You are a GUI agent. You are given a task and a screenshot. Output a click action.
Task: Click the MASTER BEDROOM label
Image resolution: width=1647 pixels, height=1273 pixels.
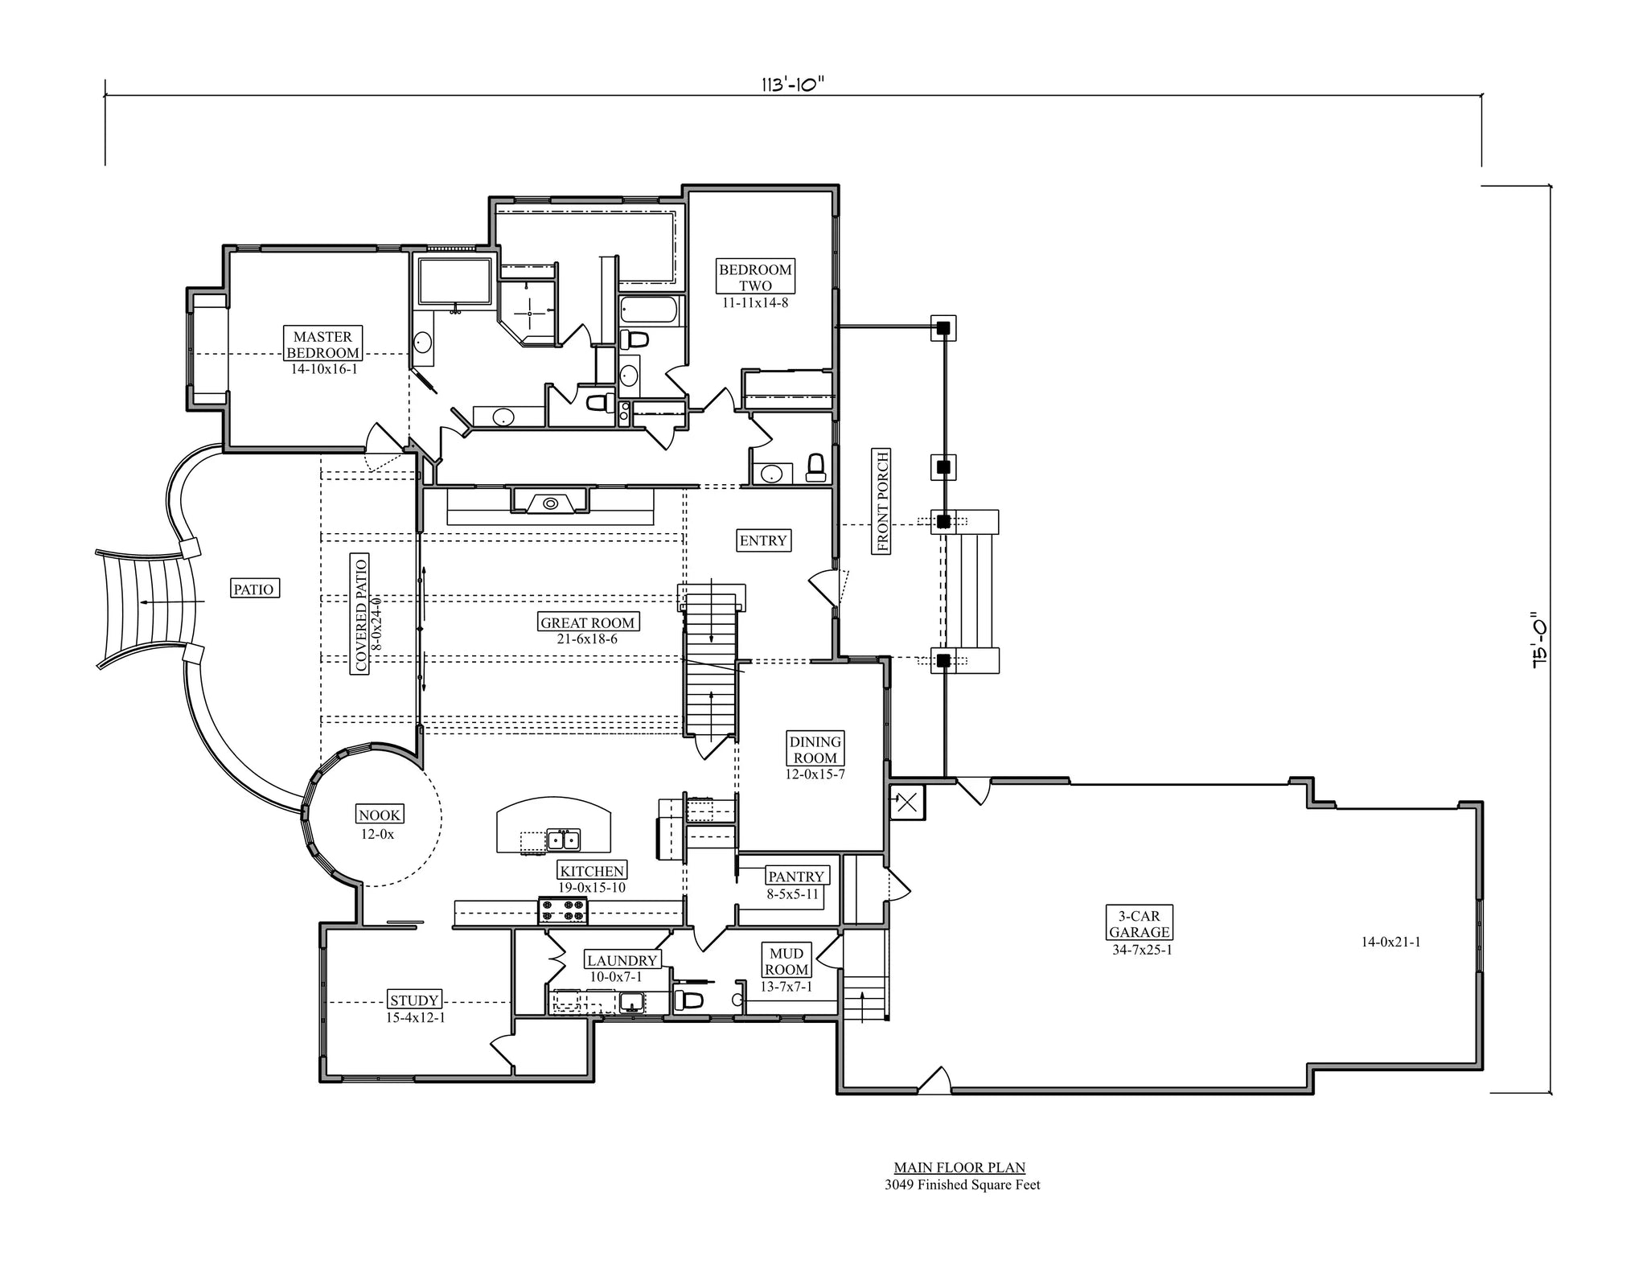coord(323,345)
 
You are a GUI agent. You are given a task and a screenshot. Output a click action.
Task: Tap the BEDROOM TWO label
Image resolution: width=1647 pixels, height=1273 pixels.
coord(755,277)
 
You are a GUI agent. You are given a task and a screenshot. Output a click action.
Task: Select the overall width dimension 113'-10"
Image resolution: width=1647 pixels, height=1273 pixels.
coord(793,85)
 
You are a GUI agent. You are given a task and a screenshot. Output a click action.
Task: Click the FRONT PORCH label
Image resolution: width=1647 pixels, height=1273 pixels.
coord(882,501)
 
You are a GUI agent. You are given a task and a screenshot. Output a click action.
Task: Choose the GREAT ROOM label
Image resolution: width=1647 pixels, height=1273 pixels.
coord(587,622)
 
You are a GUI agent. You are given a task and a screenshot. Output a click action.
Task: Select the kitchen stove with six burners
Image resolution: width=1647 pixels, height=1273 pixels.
coord(563,910)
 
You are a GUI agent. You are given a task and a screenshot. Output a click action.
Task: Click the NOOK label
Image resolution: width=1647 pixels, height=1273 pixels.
coord(380,815)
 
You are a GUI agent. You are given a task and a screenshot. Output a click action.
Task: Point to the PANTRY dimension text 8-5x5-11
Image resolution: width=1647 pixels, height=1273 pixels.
coord(793,893)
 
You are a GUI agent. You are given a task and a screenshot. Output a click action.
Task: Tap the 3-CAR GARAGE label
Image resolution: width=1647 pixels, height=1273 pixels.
coord(1139,924)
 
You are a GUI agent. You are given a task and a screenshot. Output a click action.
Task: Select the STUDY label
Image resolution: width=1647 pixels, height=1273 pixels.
coord(414,1000)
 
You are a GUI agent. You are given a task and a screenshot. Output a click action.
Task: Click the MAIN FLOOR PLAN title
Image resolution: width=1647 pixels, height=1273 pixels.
coord(959,1168)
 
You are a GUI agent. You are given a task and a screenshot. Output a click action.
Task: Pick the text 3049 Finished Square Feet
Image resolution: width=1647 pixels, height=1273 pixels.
coord(962,1185)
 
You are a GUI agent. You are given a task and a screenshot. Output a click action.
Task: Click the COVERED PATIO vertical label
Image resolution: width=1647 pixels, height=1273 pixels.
coord(361,613)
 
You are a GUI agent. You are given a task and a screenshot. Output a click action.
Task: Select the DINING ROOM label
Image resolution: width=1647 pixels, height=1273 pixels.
coord(815,749)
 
